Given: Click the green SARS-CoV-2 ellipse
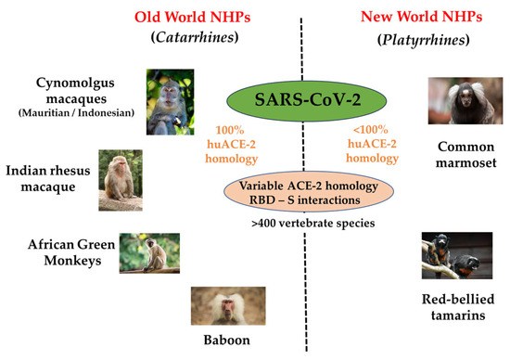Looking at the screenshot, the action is tap(306, 100).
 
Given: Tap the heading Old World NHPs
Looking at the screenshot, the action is tap(193, 18).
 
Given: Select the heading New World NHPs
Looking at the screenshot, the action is tap(422, 17).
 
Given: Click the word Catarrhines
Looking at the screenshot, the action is tap(195, 37).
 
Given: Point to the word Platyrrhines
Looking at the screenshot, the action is tap(424, 40).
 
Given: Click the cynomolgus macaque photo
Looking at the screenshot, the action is tap(170, 102).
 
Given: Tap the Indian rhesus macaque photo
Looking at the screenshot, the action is tap(121, 180).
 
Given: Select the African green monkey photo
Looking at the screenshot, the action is tap(149, 253).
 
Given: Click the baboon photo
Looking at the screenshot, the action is tap(228, 306).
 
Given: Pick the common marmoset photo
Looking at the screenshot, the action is tap(465, 101).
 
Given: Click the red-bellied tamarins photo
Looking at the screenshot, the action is tap(457, 255).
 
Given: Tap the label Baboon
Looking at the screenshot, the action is tap(226, 341).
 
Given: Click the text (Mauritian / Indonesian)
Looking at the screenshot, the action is tap(76, 113).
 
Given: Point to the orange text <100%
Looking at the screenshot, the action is tap(371, 130).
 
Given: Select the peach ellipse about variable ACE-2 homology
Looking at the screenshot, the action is tap(309, 192).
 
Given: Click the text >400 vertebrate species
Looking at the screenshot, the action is tap(313, 224).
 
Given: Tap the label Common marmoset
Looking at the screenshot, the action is tap(466, 155).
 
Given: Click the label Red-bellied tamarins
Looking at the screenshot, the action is tap(458, 307).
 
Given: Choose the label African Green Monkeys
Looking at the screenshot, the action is tap(71, 252).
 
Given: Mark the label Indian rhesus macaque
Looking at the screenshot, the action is tap(48, 179).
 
